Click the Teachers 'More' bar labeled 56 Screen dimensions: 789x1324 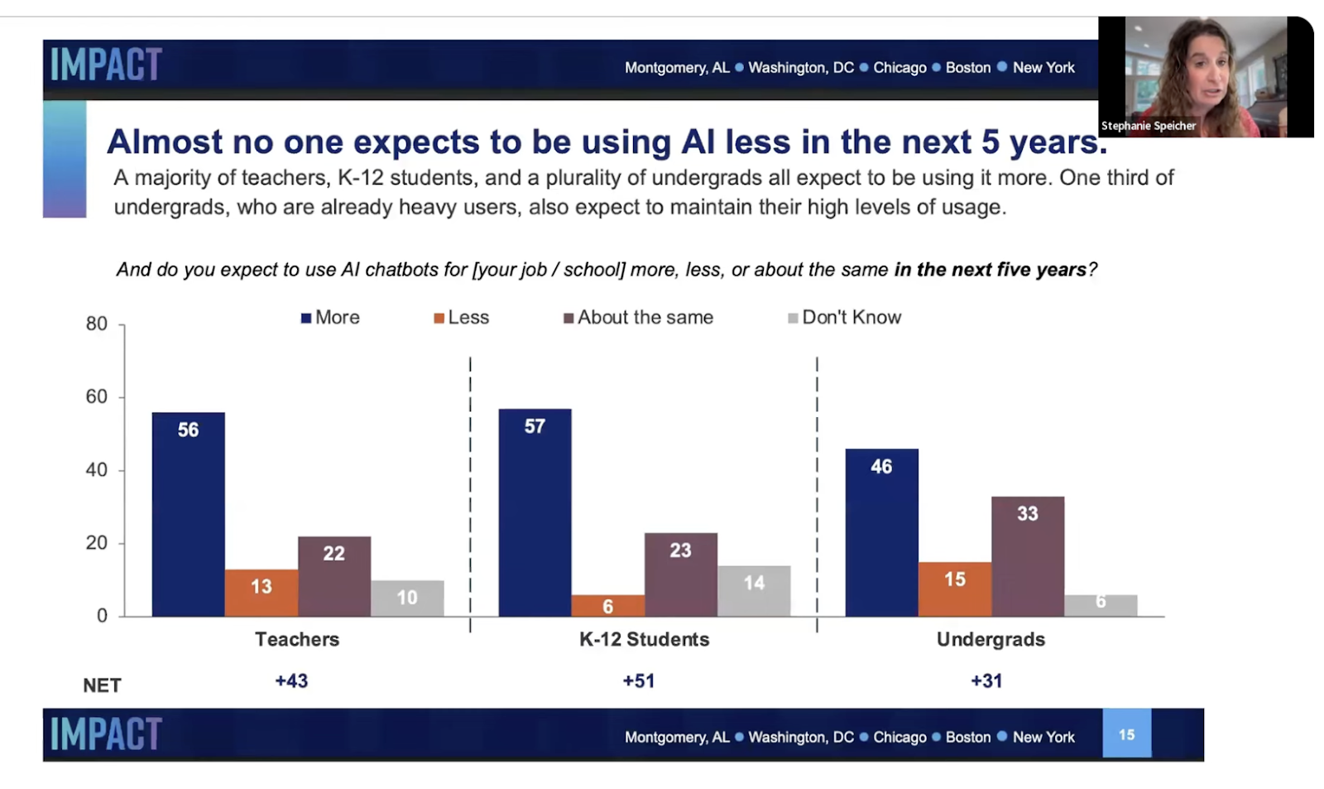188,513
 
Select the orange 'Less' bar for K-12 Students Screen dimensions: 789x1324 607,605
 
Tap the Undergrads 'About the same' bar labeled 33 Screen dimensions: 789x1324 1027,556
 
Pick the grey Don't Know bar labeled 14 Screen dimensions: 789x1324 754,590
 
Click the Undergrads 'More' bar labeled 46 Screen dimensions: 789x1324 881,532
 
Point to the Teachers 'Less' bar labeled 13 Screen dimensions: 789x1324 261,592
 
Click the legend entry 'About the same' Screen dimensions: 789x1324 638,317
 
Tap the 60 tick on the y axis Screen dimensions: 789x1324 97,397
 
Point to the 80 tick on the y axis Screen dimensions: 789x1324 97,324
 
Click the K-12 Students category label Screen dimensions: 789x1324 644,639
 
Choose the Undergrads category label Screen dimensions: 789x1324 991,639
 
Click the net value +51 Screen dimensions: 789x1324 638,681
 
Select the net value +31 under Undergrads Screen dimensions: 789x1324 986,681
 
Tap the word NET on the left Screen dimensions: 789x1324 102,686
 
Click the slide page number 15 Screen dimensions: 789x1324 1126,734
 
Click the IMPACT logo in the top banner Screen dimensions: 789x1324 106,65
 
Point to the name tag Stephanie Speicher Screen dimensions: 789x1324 1148,126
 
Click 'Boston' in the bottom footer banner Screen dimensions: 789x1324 967,737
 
